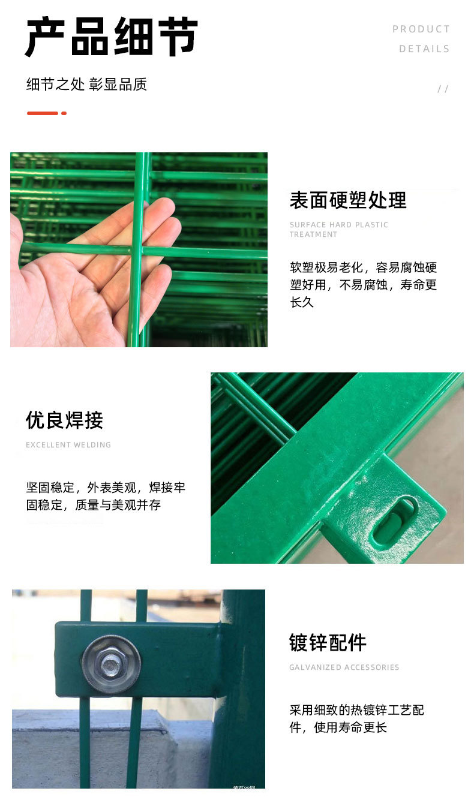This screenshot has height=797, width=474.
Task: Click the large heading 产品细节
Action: click(x=112, y=37)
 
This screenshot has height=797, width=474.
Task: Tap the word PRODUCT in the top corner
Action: click(x=421, y=29)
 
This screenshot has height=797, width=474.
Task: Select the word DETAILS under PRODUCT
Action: click(x=424, y=49)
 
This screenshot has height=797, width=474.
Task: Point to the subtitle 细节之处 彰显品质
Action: click(x=86, y=84)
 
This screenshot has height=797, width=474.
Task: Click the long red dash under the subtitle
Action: click(x=42, y=113)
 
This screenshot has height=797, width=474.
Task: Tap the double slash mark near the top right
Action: click(x=443, y=89)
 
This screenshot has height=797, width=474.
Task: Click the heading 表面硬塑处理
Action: click(x=348, y=200)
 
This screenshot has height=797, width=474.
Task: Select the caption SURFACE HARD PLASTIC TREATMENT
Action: click(x=338, y=229)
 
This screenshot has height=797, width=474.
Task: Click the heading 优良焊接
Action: click(x=64, y=420)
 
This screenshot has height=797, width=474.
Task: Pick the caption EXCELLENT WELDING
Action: click(x=68, y=445)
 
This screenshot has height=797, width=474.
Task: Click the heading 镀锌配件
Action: click(x=328, y=642)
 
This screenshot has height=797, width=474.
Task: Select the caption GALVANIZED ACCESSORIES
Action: click(x=344, y=667)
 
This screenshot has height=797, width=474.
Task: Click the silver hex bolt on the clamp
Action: click(x=111, y=664)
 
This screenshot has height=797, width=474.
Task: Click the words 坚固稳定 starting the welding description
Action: click(x=50, y=488)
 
